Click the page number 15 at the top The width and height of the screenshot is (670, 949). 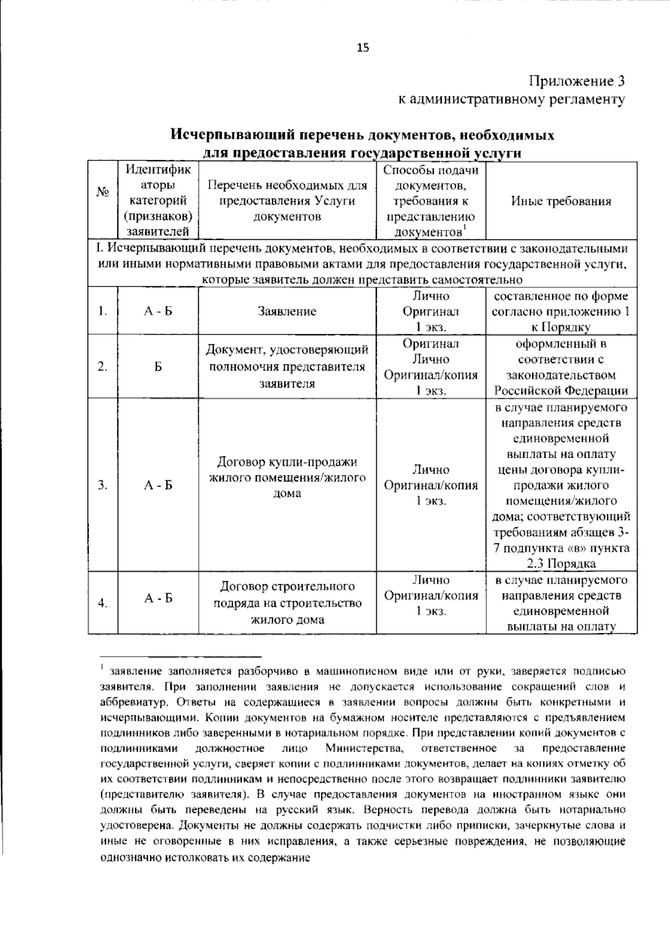tap(363, 48)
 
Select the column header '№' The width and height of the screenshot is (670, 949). tap(102, 191)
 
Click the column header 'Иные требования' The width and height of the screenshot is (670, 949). tap(561, 201)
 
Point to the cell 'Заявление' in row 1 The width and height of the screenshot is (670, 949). tap(287, 311)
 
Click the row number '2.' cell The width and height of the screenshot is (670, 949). tap(102, 367)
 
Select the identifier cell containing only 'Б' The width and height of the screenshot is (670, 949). tap(158, 367)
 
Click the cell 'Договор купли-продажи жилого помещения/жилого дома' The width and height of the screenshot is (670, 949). tap(287, 478)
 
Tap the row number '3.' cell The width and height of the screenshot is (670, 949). tap(102, 485)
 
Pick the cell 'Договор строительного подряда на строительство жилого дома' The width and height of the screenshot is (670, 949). tap(287, 603)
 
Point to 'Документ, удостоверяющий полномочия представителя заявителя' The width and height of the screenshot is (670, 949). tap(287, 367)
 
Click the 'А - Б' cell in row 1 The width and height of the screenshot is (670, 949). tap(158, 311)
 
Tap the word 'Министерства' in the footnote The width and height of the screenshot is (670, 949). tap(363, 748)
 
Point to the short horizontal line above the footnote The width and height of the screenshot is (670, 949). tap(181, 656)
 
